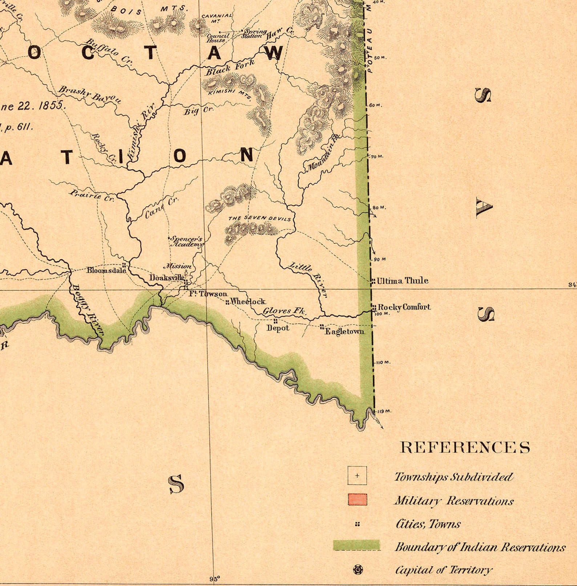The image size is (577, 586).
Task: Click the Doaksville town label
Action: pyautogui.click(x=167, y=278)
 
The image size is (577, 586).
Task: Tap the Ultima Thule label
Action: pyautogui.click(x=402, y=280)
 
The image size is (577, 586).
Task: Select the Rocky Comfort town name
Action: pyautogui.click(x=404, y=307)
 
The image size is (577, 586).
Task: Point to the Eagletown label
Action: pyautogui.click(x=344, y=331)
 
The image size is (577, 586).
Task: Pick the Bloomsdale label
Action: pyautogui.click(x=106, y=270)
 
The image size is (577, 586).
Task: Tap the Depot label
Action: pyautogui.click(x=278, y=328)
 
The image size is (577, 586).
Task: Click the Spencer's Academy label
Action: pyautogui.click(x=186, y=242)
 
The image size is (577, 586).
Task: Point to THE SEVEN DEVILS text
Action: pyautogui.click(x=259, y=218)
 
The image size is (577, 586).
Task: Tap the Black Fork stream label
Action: pyautogui.click(x=230, y=68)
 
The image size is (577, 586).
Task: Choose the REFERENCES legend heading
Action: pyautogui.click(x=465, y=447)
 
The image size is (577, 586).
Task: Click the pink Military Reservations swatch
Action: pyautogui.click(x=357, y=500)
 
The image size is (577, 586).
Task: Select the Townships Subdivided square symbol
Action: pyautogui.click(x=357, y=476)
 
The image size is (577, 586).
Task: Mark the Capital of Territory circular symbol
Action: pyautogui.click(x=358, y=569)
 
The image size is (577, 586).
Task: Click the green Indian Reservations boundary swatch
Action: pyautogui.click(x=356, y=545)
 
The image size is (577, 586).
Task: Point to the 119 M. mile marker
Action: pyautogui.click(x=384, y=411)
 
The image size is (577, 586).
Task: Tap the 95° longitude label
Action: pyautogui.click(x=215, y=579)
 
